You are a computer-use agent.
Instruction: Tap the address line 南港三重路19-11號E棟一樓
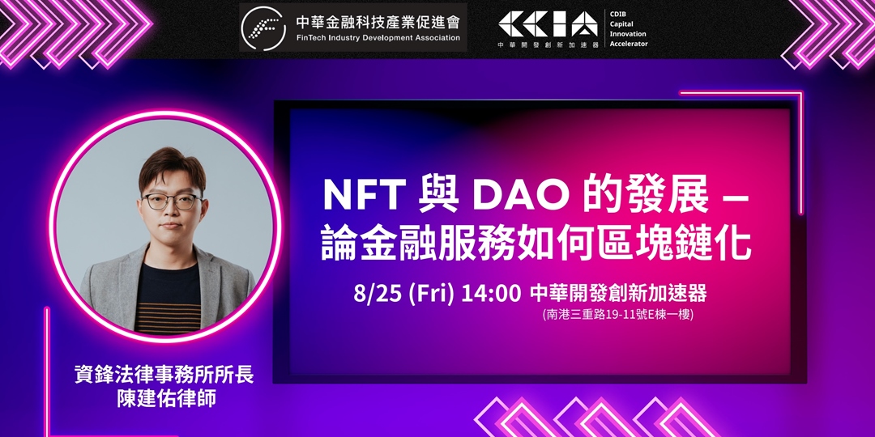point(617,315)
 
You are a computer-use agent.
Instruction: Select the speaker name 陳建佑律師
point(164,399)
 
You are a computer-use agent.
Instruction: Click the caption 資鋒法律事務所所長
point(164,376)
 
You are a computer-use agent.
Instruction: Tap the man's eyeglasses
point(172,201)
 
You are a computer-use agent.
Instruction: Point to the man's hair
point(171,167)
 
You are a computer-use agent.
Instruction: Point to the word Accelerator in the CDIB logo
point(629,44)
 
